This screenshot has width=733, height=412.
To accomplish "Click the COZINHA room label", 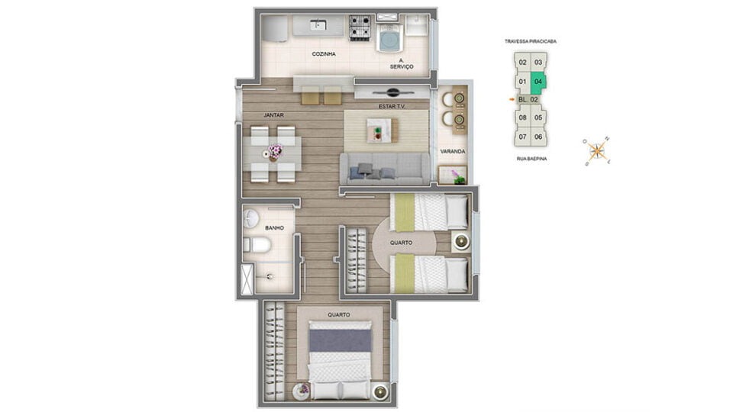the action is [324, 54].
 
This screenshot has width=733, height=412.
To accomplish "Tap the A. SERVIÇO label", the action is [402, 63].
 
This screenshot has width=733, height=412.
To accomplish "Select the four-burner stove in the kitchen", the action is [360, 27].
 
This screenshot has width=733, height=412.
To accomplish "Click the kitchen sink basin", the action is [318, 24].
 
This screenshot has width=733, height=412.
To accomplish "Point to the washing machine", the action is [389, 38].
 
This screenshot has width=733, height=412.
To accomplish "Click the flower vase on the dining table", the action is [274, 152].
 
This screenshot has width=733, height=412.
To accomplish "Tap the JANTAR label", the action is [273, 115].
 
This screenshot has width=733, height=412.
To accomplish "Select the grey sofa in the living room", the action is [384, 169].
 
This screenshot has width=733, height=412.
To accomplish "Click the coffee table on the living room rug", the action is [383, 130].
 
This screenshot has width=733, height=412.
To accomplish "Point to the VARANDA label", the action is [453, 151].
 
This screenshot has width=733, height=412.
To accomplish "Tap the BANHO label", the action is [274, 228].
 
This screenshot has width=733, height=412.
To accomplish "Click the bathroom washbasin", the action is [250, 219].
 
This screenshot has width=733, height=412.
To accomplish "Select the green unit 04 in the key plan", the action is [538, 82].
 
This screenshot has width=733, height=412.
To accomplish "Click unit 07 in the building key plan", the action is [522, 137].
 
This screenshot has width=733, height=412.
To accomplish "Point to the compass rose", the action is [596, 151].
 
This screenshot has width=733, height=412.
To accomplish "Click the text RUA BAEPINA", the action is [531, 159].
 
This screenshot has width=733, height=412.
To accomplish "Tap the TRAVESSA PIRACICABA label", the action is [531, 41].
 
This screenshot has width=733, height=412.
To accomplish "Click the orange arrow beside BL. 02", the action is [512, 99].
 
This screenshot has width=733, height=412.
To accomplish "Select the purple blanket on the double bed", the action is [341, 340].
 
